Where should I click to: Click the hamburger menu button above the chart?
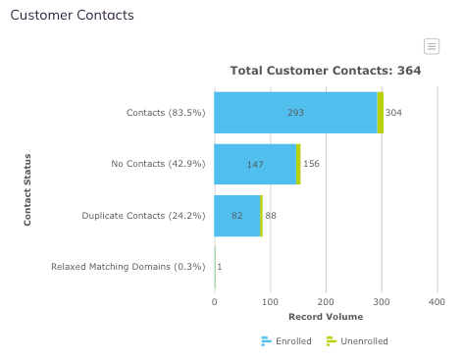[x=432, y=46]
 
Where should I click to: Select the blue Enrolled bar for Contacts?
[x=295, y=113]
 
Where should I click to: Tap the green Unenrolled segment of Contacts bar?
[x=381, y=113]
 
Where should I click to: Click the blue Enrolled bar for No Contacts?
[x=255, y=164]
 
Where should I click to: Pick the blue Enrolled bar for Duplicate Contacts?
[x=237, y=216]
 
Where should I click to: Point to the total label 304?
[x=393, y=113]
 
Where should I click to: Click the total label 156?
[x=311, y=164]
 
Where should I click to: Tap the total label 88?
[x=271, y=216]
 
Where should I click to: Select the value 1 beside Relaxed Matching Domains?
[x=220, y=267]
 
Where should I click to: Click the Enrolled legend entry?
[x=286, y=341]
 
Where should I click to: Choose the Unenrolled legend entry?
[x=357, y=341]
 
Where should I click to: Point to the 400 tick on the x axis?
[x=437, y=302]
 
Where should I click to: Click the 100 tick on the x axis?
[x=270, y=302]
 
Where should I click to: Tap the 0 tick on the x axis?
[x=215, y=302]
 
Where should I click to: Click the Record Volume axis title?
[x=326, y=317]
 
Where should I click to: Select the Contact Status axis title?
[x=27, y=190]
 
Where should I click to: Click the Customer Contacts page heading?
[x=72, y=15]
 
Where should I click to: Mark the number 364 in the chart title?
[x=409, y=71]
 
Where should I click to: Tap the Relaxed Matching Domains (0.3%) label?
[x=129, y=267]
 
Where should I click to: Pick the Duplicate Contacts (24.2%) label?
[x=143, y=216]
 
